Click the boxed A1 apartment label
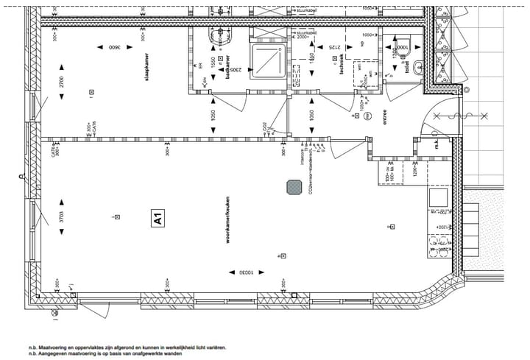158,219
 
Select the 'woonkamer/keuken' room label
227,218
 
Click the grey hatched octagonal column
294,187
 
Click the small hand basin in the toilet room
419,68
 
